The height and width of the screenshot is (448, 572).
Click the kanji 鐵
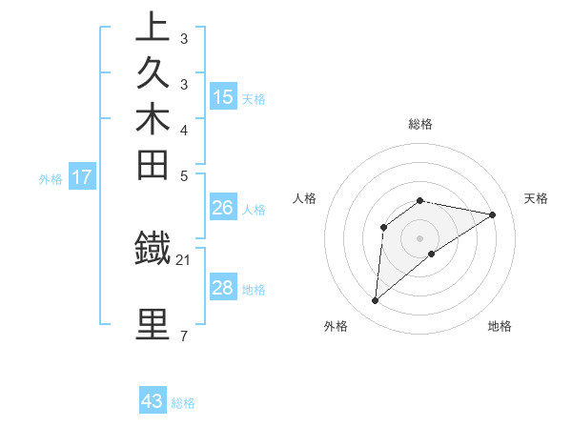(x=153, y=249)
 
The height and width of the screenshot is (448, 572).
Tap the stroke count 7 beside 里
(x=184, y=336)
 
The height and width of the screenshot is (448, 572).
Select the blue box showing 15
(x=223, y=96)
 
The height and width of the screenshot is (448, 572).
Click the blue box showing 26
(x=223, y=207)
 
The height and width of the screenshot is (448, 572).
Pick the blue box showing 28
(x=223, y=288)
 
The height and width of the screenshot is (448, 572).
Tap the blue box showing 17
(x=82, y=176)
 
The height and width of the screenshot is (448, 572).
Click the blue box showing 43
(x=153, y=401)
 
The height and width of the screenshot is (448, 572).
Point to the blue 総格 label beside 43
(x=184, y=403)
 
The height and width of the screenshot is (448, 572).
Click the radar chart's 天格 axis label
(x=536, y=198)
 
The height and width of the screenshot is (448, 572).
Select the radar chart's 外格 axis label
(x=336, y=326)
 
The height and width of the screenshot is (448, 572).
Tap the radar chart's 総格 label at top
(x=420, y=124)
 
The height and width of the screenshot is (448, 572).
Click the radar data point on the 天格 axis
(x=493, y=214)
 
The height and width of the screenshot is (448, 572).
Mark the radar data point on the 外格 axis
(x=375, y=301)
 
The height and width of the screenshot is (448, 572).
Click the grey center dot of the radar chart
(x=420, y=237)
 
